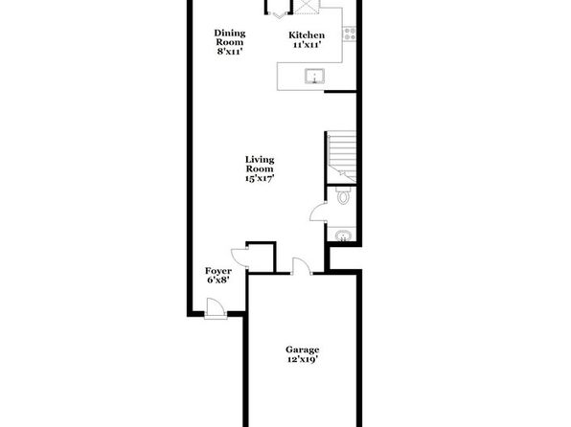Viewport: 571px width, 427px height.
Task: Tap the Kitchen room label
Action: (307, 35)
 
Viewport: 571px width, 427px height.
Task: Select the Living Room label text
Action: (260, 164)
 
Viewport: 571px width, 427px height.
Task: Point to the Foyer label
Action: (218, 271)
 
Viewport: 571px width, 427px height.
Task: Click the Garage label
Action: (302, 349)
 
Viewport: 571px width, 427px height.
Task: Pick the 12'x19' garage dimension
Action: (302, 360)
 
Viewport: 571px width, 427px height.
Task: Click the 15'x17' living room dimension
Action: (260, 178)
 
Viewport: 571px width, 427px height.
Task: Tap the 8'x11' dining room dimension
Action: (230, 52)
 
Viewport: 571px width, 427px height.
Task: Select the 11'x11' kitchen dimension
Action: (307, 45)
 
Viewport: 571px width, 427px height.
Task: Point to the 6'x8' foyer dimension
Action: (218, 280)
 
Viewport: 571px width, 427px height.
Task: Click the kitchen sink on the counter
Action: (314, 76)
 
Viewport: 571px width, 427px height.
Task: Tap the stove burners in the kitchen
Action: (350, 34)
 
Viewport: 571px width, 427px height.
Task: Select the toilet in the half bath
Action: (343, 195)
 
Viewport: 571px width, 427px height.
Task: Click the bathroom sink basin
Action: (342, 236)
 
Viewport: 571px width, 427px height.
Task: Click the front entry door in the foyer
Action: (215, 308)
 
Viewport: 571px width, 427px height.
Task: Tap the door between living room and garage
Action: (301, 265)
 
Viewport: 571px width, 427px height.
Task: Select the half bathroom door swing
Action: (317, 213)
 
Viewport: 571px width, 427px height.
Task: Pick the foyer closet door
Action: (240, 258)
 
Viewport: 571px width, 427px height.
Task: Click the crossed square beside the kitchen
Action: (307, 7)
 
